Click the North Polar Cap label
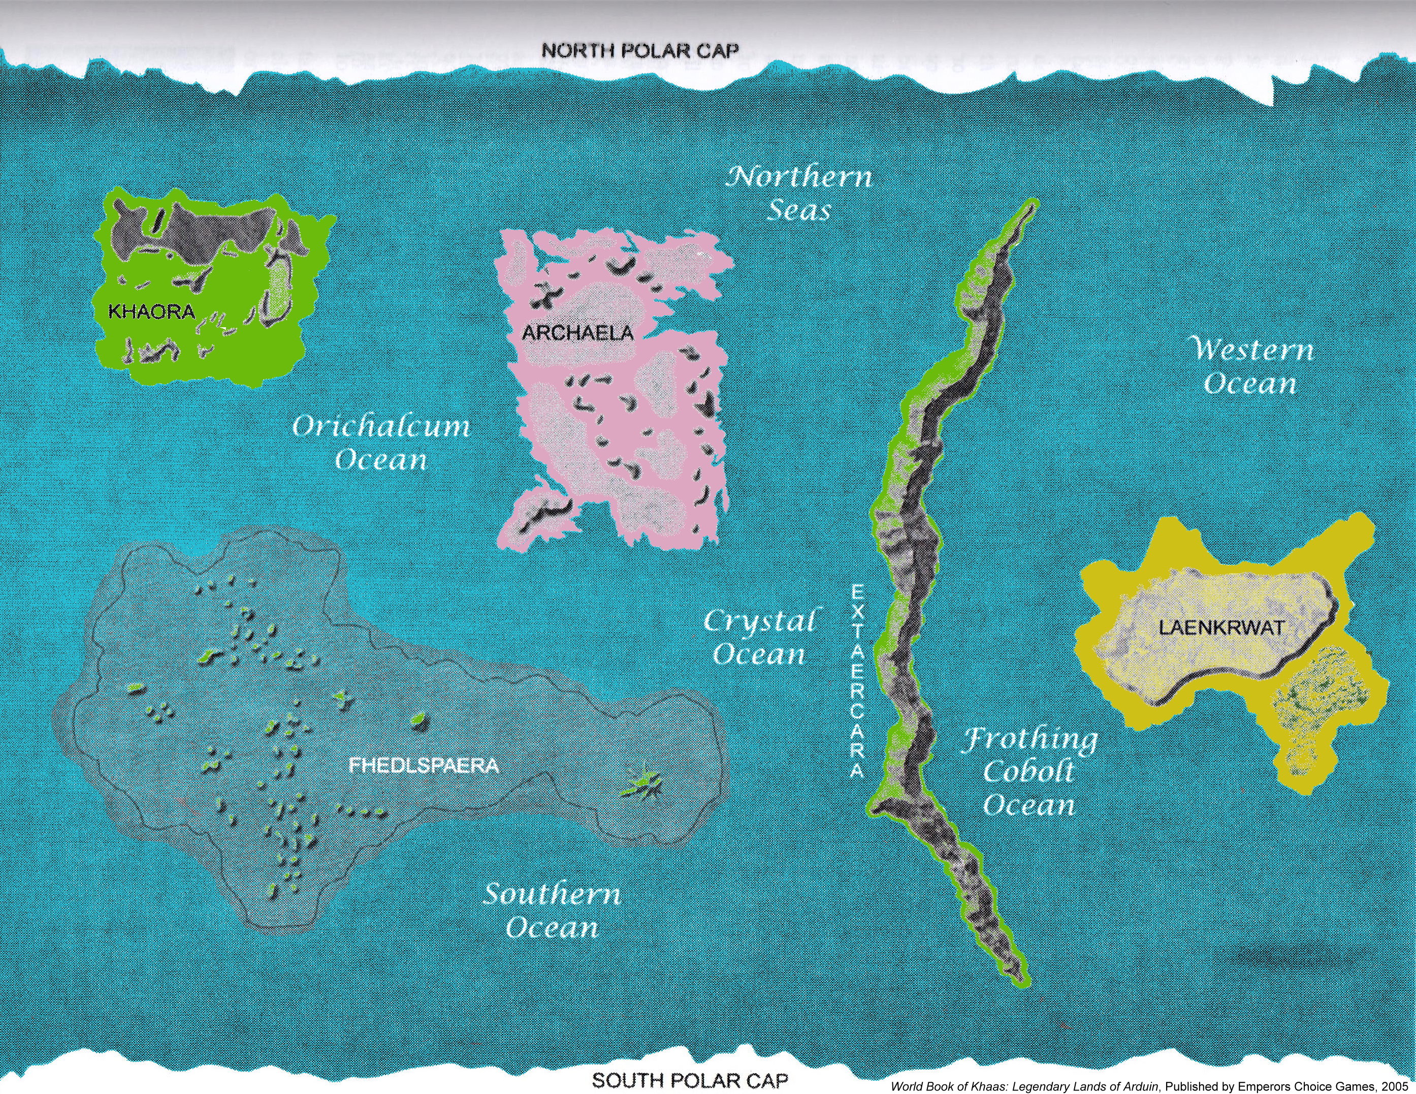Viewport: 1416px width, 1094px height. [x=639, y=51]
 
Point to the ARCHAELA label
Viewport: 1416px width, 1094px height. [x=577, y=333]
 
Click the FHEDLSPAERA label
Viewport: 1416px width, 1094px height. [x=424, y=766]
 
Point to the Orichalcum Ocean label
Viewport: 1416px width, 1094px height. [x=381, y=443]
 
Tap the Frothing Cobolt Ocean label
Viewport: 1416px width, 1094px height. [x=1029, y=772]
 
